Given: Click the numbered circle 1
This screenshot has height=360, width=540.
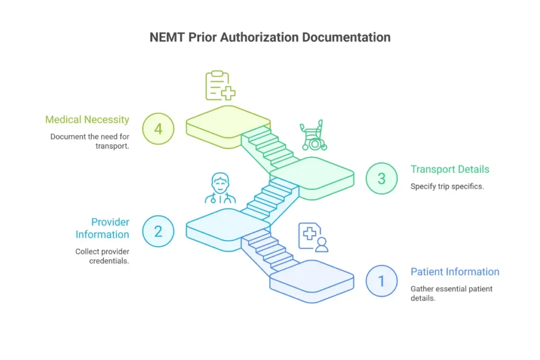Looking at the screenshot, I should (382, 281).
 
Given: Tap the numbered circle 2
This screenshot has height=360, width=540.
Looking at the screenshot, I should (158, 231).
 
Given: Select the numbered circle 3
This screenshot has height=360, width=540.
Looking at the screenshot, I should (382, 179).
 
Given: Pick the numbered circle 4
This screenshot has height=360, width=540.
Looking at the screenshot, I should (158, 128).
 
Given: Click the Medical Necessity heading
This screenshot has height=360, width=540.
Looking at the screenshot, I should (87, 120).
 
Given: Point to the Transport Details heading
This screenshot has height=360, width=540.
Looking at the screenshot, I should (450, 169).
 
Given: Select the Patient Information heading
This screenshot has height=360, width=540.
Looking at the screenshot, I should (455, 272).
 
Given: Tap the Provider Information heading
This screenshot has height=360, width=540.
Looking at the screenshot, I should (102, 228).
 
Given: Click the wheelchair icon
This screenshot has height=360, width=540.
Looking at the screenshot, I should (313, 136).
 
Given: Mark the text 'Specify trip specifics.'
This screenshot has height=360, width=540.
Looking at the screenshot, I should (447, 187).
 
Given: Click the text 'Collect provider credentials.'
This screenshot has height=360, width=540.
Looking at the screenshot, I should (102, 256).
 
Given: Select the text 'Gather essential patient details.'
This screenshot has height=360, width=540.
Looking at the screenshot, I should (451, 294).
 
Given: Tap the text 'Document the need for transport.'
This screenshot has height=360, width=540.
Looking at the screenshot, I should (90, 141).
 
